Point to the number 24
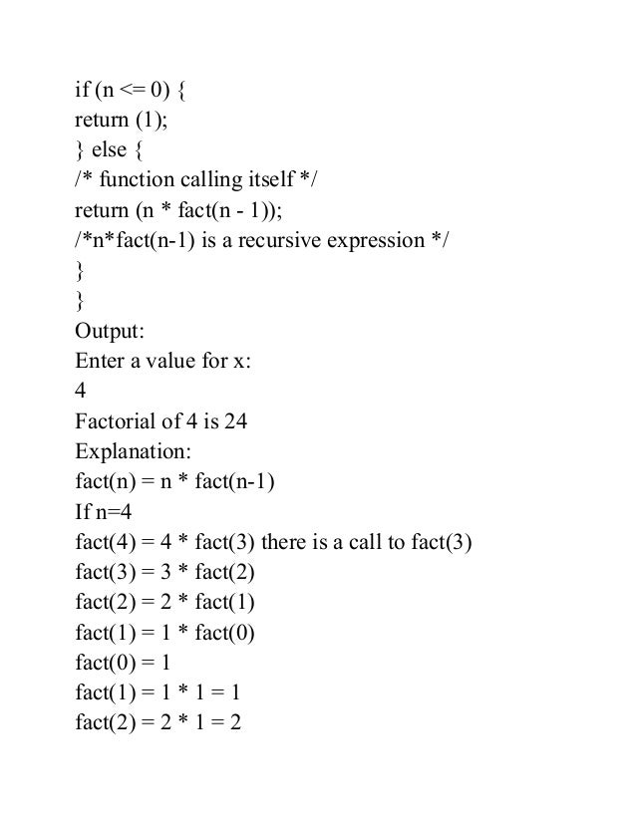point(235,421)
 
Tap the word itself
point(270,180)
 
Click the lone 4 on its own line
point(81,392)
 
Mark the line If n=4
point(104,512)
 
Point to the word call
point(368,542)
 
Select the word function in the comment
point(136,180)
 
